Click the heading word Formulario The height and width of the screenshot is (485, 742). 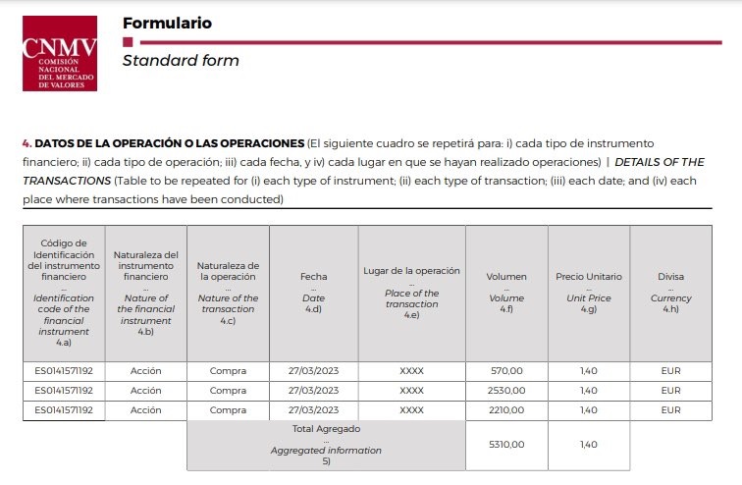[167, 23]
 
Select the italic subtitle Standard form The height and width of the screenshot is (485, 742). [181, 61]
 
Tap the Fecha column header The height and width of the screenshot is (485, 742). [313, 277]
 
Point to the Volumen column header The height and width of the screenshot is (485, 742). [506, 277]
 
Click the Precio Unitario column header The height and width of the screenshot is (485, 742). [588, 277]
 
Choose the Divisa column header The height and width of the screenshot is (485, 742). [670, 277]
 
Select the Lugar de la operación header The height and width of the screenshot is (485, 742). [411, 271]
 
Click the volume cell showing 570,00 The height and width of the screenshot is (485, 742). [506, 371]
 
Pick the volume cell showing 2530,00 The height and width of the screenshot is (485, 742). [506, 391]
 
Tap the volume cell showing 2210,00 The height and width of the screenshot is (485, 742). [506, 410]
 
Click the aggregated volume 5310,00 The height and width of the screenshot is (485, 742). [506, 445]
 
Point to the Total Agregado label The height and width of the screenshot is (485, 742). [326, 429]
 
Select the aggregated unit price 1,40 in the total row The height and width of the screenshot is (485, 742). [588, 445]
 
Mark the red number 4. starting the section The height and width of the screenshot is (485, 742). [26, 143]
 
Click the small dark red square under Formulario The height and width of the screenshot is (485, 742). [127, 42]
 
